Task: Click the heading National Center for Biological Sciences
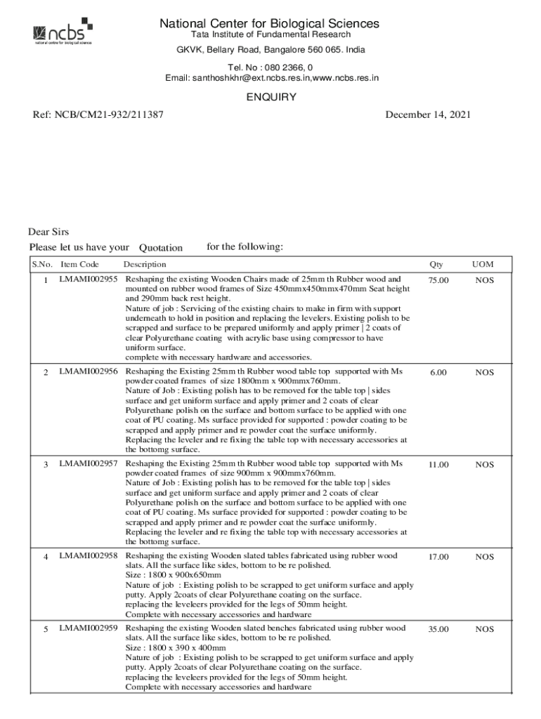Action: [270, 24]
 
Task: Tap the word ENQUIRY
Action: [270, 97]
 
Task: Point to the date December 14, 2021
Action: [428, 114]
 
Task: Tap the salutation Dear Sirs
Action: [48, 232]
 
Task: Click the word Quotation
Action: [160, 247]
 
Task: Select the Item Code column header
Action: [79, 265]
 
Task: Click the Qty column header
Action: [436, 265]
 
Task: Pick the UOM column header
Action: [483, 265]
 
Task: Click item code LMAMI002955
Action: [88, 279]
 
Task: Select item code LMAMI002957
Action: [88, 464]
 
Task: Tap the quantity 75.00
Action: [438, 280]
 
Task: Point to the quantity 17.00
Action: [438, 557]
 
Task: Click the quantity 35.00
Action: [438, 629]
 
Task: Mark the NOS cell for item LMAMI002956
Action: [484, 372]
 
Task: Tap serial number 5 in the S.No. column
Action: [46, 629]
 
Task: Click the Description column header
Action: [145, 265]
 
